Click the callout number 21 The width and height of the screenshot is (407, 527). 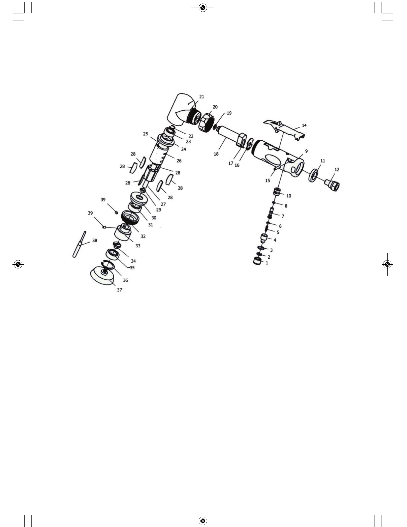point(202,96)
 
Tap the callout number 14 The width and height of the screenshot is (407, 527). point(304,125)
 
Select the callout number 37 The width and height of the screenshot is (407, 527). point(119,290)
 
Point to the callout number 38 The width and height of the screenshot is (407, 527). point(95,240)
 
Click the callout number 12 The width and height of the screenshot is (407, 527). point(337,170)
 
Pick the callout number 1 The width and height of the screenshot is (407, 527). point(266,263)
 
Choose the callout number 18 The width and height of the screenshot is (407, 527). point(216,154)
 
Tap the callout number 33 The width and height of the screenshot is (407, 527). point(138,246)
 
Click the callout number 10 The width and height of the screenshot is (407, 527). point(288,196)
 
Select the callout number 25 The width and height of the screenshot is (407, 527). point(146,134)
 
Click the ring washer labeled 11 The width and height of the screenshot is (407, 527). point(314,175)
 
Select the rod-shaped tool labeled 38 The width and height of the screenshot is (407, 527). point(79,244)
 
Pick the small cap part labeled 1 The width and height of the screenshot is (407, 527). point(257,261)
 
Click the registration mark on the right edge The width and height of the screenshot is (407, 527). point(387,264)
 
